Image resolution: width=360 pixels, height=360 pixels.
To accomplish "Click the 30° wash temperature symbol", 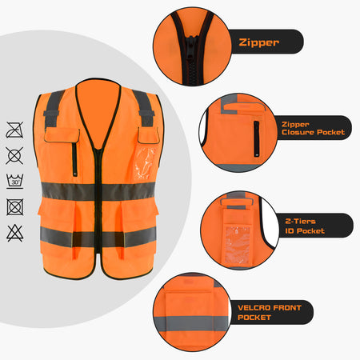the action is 15,182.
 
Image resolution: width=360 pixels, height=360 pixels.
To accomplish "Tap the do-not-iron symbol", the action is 14,130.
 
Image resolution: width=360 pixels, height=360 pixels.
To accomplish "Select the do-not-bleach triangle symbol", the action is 15,233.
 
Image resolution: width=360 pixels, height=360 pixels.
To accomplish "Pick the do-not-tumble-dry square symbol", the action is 15,207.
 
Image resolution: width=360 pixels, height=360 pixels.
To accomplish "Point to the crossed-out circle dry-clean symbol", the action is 14,156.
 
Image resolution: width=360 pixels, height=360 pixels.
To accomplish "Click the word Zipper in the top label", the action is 259,42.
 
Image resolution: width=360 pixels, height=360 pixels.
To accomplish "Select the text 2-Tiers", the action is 300,221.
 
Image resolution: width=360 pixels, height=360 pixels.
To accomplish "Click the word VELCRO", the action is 254,308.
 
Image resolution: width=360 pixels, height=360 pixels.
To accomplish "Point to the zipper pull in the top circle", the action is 191,48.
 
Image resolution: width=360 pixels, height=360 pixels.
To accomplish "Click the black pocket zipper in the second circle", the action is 256,138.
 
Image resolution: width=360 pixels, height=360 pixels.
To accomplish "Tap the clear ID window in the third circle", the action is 238,245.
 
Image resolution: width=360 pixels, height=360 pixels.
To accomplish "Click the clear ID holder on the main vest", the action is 146,163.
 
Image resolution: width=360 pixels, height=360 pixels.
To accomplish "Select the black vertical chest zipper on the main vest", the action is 74,159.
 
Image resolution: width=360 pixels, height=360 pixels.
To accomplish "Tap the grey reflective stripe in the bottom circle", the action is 191,323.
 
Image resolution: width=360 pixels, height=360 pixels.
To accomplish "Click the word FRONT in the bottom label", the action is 287,308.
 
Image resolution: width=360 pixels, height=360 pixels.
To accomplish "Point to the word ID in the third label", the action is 290,231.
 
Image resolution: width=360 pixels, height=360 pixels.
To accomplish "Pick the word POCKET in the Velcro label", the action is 254,318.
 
